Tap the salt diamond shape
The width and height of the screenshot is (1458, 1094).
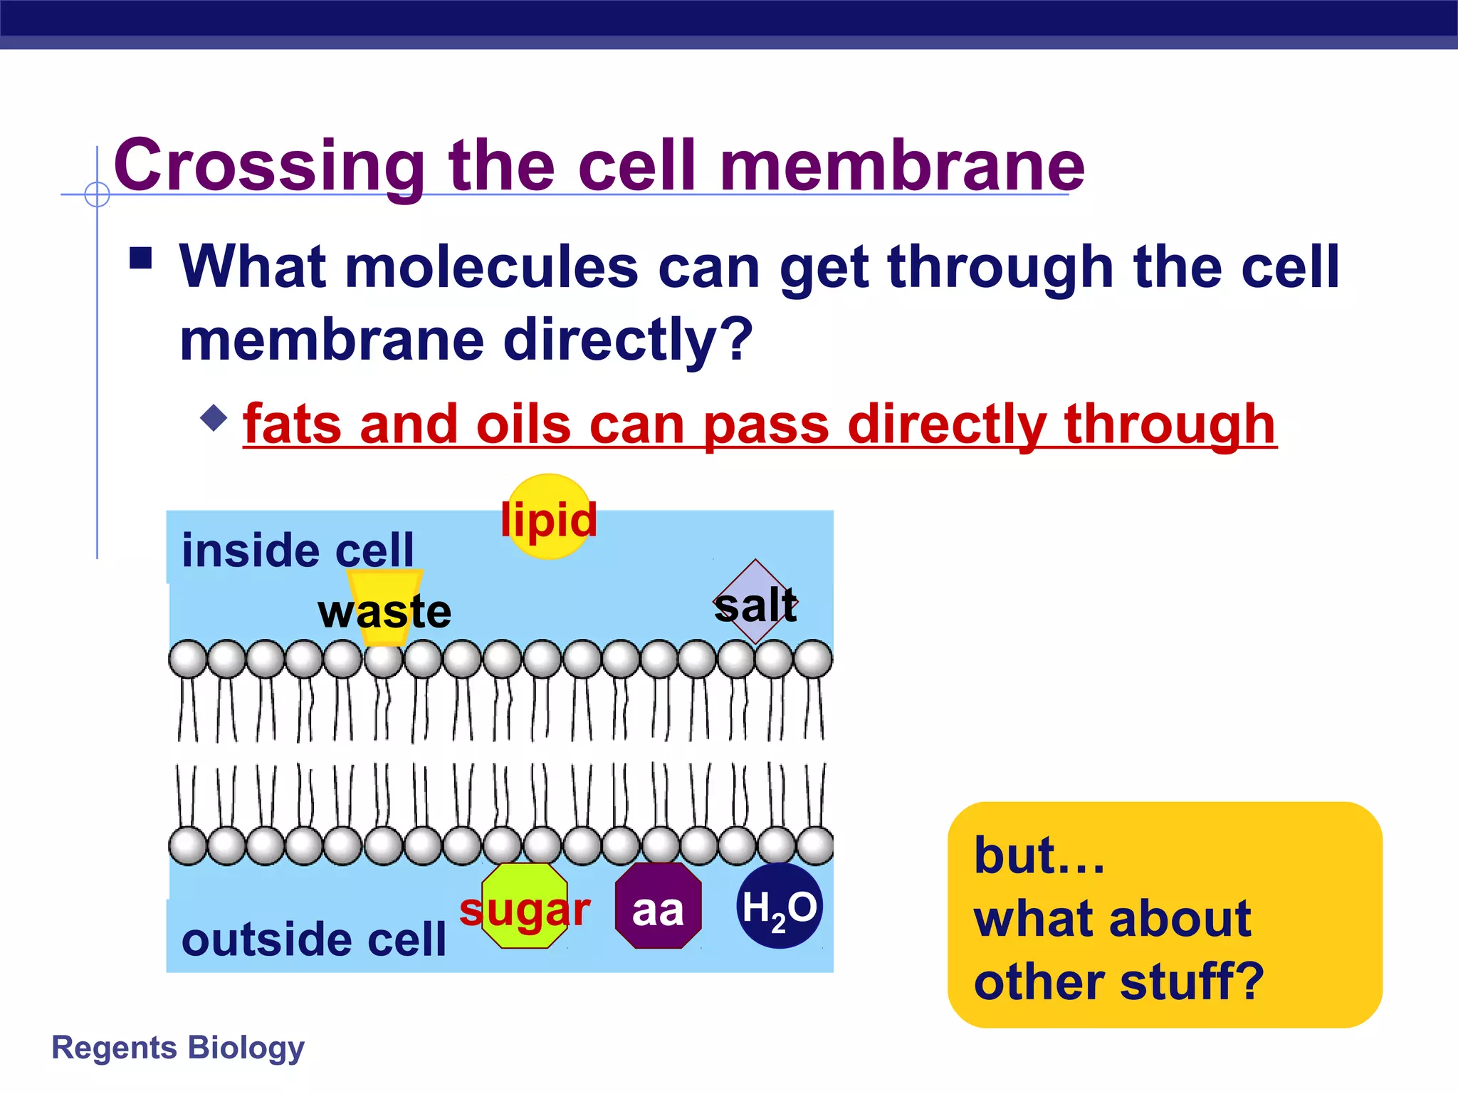pyautogui.click(x=756, y=602)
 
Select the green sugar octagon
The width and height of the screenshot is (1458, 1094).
pyautogui.click(x=525, y=906)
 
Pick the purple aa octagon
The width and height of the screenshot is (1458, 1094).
pyautogui.click(x=658, y=906)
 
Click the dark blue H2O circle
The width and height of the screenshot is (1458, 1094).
pyautogui.click(x=780, y=906)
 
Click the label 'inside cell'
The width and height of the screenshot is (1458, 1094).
pyautogui.click(x=298, y=551)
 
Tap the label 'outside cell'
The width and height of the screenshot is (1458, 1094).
pyautogui.click(x=313, y=939)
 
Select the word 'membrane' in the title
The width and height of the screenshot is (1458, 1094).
pyautogui.click(x=902, y=166)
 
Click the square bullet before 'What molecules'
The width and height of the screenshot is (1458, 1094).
pyautogui.click(x=141, y=258)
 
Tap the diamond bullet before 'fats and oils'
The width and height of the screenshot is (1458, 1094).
pyautogui.click(x=214, y=417)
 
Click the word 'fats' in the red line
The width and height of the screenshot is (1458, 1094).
pyautogui.click(x=292, y=424)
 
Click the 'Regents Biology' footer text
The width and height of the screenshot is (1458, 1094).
pyautogui.click(x=178, y=1048)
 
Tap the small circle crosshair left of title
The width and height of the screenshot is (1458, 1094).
pyautogui.click(x=97, y=194)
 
